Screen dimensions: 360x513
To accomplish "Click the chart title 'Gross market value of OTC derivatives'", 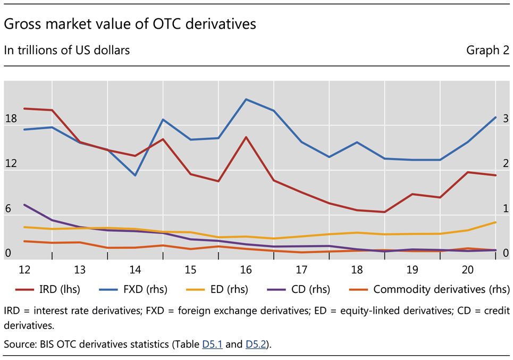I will point(130,24).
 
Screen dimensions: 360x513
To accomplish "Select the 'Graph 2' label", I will point(487,51).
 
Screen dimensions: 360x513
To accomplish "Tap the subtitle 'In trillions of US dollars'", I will point(67,51).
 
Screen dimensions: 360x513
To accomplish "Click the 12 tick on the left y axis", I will point(11,164).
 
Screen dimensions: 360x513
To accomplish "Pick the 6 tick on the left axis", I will point(8,209).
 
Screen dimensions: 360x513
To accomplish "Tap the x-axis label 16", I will point(246,270).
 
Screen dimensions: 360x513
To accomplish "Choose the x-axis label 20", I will point(468,270).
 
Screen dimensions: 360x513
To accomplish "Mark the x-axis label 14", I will point(135,270).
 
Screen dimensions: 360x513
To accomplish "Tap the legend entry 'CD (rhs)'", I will point(310,290).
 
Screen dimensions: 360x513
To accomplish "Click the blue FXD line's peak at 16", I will point(246,99).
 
